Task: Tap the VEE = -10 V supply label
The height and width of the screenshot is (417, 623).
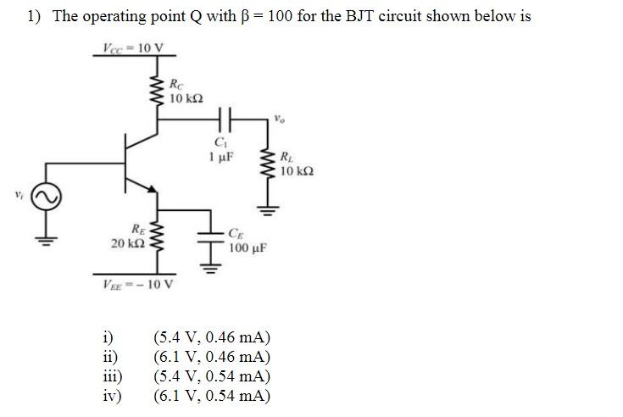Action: [137, 284]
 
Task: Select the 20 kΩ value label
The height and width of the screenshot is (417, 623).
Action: [125, 244]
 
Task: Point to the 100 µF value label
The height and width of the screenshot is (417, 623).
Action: [248, 249]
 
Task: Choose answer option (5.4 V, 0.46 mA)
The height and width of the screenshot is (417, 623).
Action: [211, 342]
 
